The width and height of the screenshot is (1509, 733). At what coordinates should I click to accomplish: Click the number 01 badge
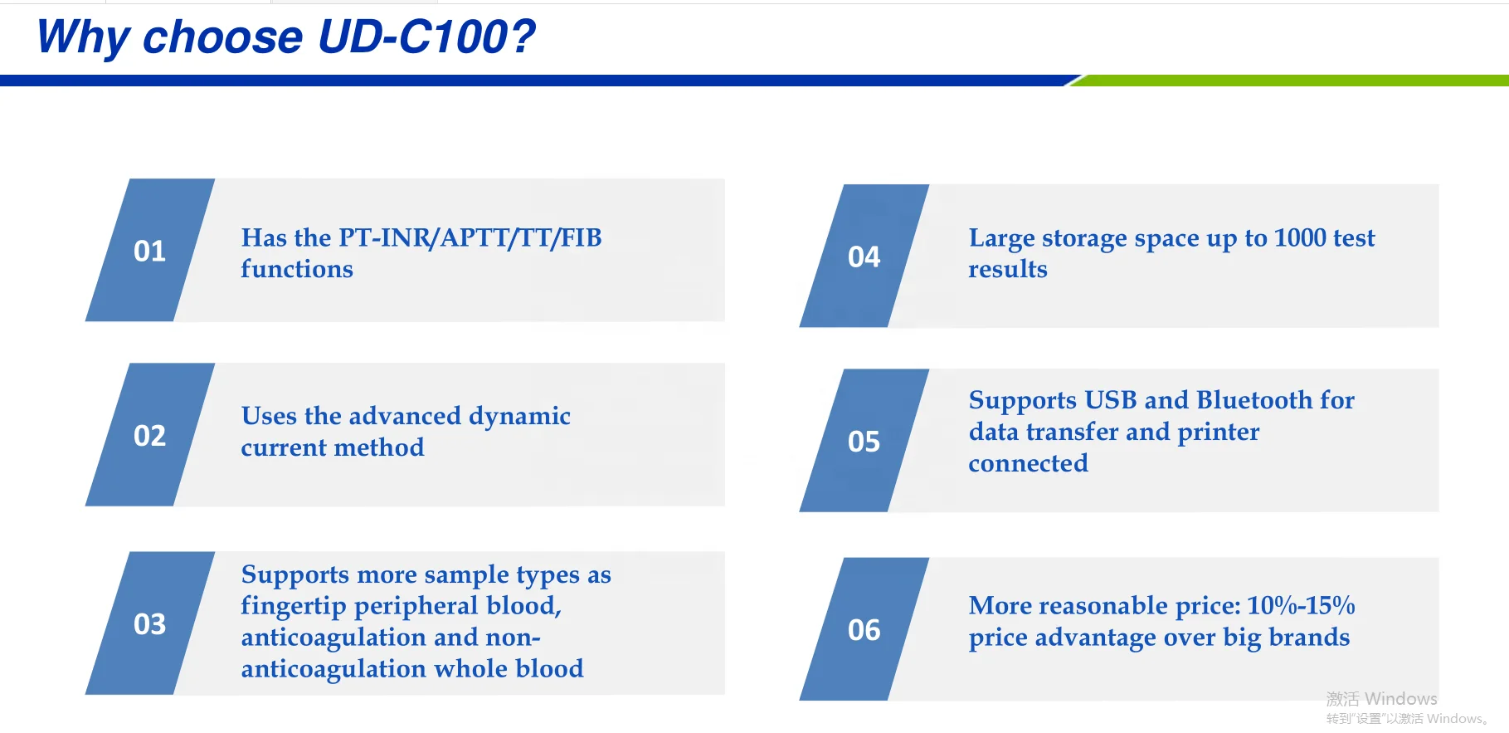pos(150,250)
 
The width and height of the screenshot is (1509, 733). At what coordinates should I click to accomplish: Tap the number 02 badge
pos(150,434)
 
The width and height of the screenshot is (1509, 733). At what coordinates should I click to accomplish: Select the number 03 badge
pos(150,623)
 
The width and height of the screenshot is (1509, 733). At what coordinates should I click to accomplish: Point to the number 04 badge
pos(864,256)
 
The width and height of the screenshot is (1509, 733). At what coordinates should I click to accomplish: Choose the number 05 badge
pos(864,440)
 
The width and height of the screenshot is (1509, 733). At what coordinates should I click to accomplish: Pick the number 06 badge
pos(864,628)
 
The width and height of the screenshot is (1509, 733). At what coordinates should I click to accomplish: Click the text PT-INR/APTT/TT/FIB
pos(470,238)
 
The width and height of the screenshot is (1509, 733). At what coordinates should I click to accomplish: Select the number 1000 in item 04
pos(1299,238)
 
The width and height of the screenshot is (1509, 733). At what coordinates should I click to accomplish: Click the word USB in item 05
pos(1111,400)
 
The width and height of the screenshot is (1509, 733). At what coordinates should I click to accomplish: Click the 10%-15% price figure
pos(1301,605)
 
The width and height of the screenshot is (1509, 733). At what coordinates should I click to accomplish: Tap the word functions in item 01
pos(297,269)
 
